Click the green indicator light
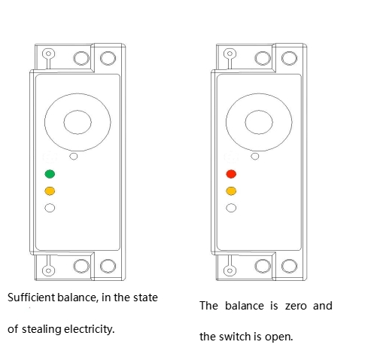(x=50, y=174)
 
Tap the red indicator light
(x=231, y=174)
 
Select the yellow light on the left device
(x=50, y=191)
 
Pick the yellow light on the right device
(x=231, y=191)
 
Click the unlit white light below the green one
(x=50, y=208)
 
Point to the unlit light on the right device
(x=231, y=208)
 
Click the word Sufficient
(x=32, y=297)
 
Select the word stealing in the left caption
(x=41, y=329)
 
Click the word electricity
(x=90, y=329)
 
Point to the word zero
(x=296, y=306)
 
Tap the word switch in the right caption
(x=236, y=337)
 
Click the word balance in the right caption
(x=245, y=306)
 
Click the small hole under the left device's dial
(x=74, y=157)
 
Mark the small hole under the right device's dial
(x=255, y=157)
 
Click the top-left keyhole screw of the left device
(x=48, y=53)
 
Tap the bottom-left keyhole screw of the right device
(x=230, y=270)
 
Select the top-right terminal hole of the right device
(x=289, y=58)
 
